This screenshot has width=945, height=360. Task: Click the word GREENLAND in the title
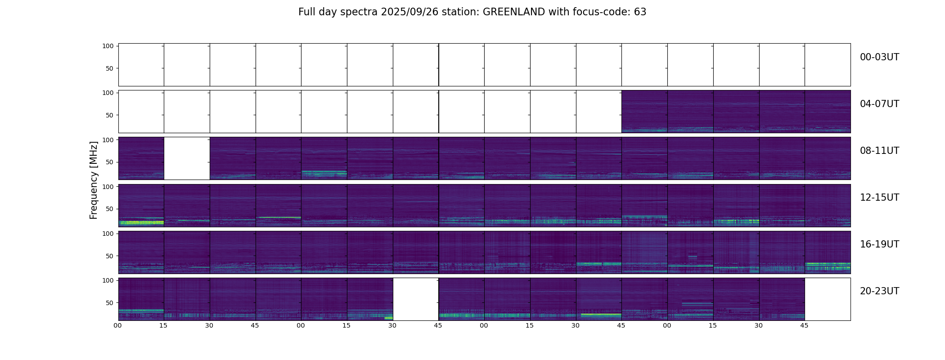513,12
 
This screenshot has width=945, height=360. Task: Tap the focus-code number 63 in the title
640,12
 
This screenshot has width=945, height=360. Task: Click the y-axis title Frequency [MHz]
94,180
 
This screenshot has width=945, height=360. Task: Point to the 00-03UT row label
879,57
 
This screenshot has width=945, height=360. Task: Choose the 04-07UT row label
879,104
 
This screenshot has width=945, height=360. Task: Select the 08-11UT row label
879,151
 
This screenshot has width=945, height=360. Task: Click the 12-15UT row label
879,198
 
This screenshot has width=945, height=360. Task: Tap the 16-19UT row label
879,244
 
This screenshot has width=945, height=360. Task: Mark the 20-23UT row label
879,291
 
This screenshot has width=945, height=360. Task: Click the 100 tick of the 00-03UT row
108,46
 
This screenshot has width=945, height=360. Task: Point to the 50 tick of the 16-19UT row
110,256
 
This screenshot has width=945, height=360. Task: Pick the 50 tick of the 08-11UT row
110,162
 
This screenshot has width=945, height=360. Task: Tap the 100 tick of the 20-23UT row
108,280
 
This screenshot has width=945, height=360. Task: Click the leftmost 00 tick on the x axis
118,326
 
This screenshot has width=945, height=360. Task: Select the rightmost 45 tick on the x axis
804,326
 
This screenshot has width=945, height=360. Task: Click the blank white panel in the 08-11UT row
187,158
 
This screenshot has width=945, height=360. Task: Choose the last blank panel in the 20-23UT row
828,299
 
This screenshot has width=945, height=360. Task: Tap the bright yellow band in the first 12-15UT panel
141,222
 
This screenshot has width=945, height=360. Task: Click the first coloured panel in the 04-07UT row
644,112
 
